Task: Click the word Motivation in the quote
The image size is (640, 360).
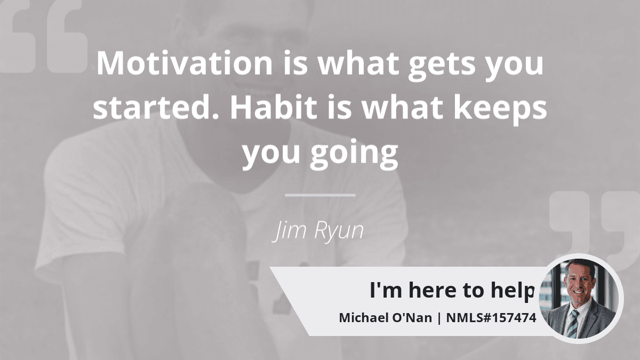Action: pyautogui.click(x=185, y=63)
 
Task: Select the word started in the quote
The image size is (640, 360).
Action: pyautogui.click(x=156, y=107)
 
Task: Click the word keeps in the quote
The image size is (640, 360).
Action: pyautogui.click(x=500, y=110)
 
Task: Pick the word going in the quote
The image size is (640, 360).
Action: pyautogui.click(x=354, y=155)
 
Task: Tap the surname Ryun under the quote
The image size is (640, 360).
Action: pyautogui.click(x=339, y=231)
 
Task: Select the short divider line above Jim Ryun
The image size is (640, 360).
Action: pyautogui.click(x=320, y=195)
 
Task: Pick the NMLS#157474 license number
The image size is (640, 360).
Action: pyautogui.click(x=491, y=318)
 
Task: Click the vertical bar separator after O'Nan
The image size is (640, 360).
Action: pyautogui.click(x=439, y=318)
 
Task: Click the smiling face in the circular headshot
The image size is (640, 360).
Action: pyautogui.click(x=580, y=283)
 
